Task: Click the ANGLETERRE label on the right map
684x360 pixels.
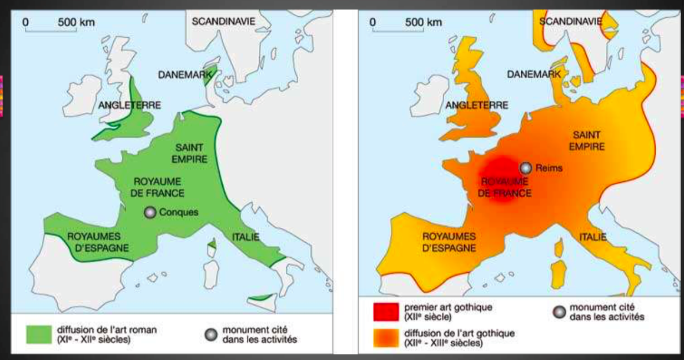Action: pyautogui.click(x=476, y=105)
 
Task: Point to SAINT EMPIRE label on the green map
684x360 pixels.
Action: pyautogui.click(x=191, y=153)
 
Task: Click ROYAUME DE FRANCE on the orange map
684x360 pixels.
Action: pyautogui.click(x=504, y=187)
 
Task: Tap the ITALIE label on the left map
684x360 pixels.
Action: pyautogui.click(x=245, y=237)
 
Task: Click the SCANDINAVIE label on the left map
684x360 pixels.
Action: pyautogui.click(x=223, y=21)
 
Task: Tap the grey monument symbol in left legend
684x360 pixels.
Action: pyautogui.click(x=211, y=334)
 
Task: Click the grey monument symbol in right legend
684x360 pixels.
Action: pyautogui.click(x=559, y=312)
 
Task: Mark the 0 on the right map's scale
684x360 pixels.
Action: pyautogui.click(x=373, y=22)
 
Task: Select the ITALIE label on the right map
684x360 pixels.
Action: pyautogui.click(x=593, y=237)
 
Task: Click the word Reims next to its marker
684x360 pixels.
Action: pyautogui.click(x=549, y=168)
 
